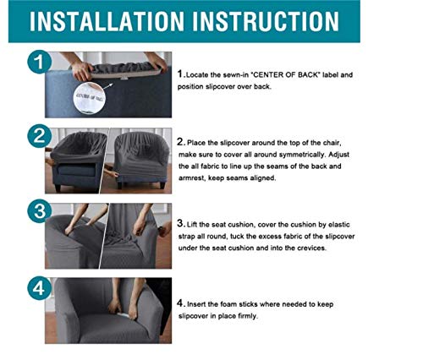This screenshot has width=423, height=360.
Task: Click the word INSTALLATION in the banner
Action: point(107,21)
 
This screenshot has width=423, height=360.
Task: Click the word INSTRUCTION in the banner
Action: point(266,21)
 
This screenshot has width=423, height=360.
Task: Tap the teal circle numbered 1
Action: point(39,62)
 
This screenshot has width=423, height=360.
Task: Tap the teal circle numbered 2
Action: point(39,136)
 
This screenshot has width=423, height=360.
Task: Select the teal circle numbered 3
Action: point(39,211)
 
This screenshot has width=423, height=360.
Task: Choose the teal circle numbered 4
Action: point(39,288)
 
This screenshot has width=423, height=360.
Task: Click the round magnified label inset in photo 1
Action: point(90,98)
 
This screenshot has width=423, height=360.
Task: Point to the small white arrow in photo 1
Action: point(108,86)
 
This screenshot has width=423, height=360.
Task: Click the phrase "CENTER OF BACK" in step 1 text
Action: point(285,75)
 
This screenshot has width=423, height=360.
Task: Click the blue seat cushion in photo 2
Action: point(76,170)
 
